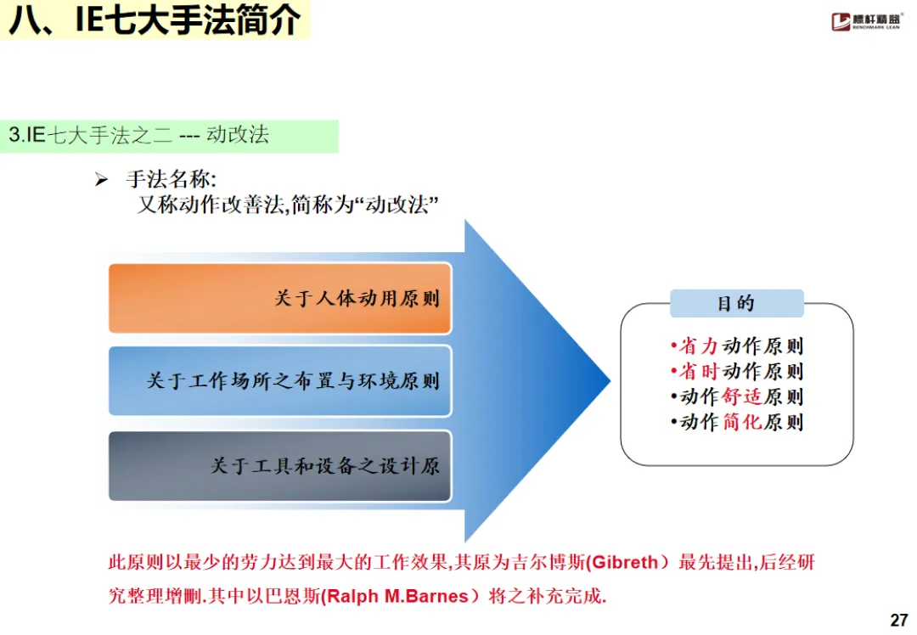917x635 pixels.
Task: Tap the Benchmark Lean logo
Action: (x=867, y=21)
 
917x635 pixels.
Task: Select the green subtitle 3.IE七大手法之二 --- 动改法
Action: (x=139, y=135)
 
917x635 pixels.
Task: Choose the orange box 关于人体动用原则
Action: (x=279, y=298)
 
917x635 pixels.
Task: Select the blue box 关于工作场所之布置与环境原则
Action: (x=279, y=380)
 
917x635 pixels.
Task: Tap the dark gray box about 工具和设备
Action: (x=279, y=466)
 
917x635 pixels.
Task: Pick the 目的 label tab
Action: (x=736, y=303)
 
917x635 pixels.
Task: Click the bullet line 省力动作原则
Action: (x=737, y=346)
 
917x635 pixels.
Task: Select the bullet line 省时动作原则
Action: (x=737, y=371)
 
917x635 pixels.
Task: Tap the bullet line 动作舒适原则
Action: (x=737, y=396)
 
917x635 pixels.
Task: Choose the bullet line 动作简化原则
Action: (x=737, y=422)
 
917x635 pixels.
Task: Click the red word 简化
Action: (x=743, y=422)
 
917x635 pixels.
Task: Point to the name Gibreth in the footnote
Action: (x=624, y=562)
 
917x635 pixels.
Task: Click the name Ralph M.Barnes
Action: (x=398, y=596)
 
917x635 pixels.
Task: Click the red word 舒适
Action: (x=743, y=396)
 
